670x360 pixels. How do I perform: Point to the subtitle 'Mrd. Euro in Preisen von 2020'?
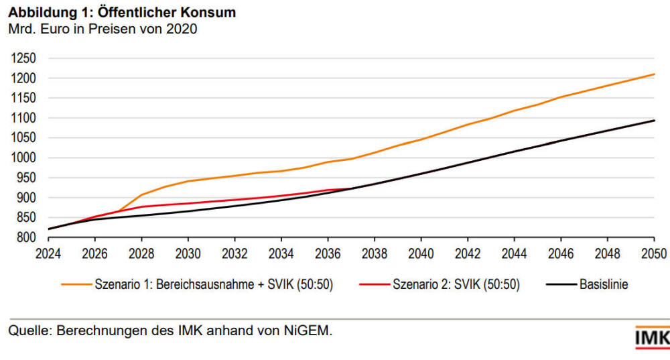coord(102,29)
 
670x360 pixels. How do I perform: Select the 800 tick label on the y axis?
coord(25,238)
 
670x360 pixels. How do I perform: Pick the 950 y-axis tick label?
coord(25,178)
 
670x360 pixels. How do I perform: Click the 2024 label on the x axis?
coord(49,254)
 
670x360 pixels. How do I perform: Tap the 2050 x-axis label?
coord(654,254)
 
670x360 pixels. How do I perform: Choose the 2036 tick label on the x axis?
coord(328,254)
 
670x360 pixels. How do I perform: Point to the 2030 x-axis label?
coord(188,254)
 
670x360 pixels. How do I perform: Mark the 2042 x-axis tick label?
coord(468,254)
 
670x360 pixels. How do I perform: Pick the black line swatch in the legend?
coord(560,285)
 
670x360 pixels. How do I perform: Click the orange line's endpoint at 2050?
coord(654,74)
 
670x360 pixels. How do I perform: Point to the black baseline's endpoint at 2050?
coord(654,121)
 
